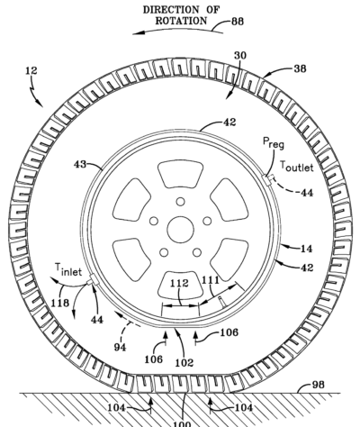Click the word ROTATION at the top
181,21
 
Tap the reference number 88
238,22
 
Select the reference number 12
31,70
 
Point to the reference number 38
300,68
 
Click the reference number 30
240,56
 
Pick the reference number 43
80,164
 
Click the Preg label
274,142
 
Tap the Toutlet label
297,166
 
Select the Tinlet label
68,269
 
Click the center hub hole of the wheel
180,230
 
